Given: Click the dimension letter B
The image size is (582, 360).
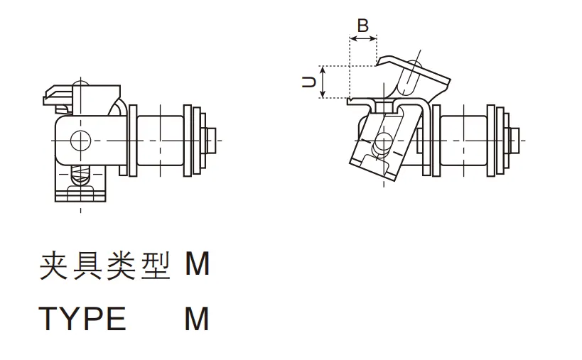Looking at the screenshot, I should pyautogui.click(x=362, y=26).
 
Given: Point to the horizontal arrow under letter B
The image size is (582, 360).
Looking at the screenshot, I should pyautogui.click(x=362, y=40).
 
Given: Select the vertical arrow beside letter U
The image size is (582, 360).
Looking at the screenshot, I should pyautogui.click(x=323, y=82).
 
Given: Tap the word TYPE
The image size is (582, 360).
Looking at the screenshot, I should pyautogui.click(x=82, y=319).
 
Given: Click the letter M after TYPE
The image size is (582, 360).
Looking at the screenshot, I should pyautogui.click(x=197, y=319).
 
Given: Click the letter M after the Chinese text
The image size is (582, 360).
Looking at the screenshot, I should pyautogui.click(x=197, y=265).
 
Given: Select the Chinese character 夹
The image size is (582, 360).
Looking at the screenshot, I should pyautogui.click(x=52, y=266).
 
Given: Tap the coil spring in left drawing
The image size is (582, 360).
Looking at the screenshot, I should pyautogui.click(x=82, y=173).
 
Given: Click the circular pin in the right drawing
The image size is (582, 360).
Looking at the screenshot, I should pyautogui.click(x=383, y=140).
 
